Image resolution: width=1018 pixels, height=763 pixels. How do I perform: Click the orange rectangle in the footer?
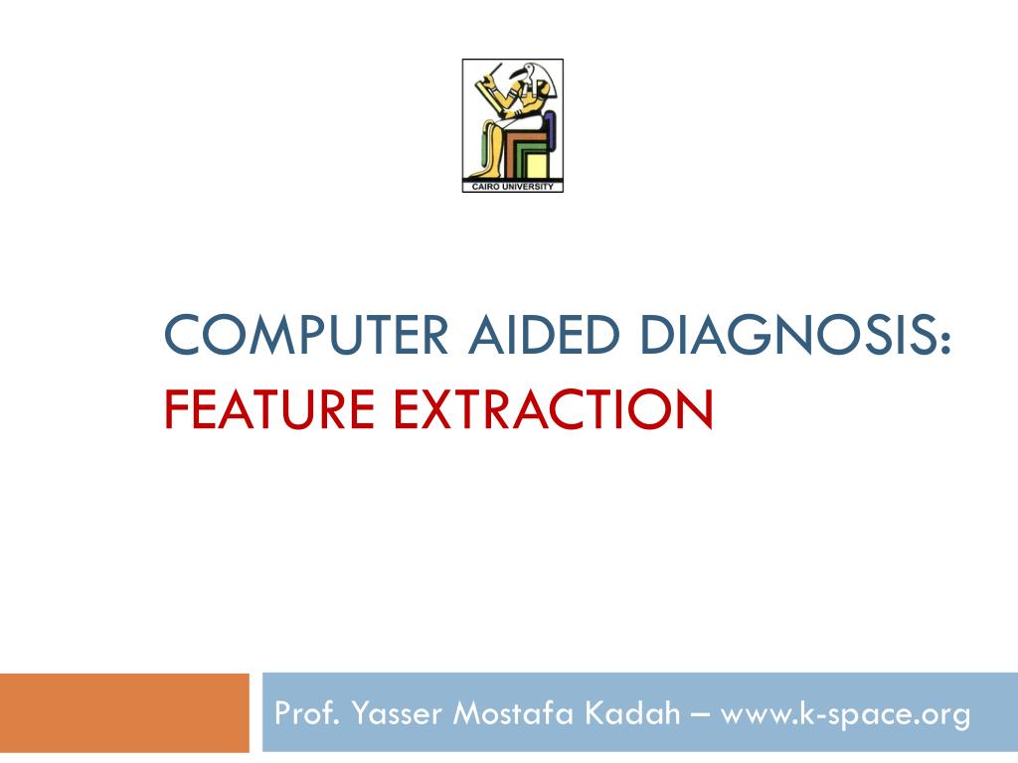tap(124, 712)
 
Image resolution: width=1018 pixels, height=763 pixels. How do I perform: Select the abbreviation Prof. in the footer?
tap(303, 713)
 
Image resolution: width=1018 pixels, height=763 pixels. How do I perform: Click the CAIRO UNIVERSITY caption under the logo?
tap(513, 187)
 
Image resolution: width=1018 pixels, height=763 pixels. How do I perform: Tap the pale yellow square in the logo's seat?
tap(537, 165)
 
